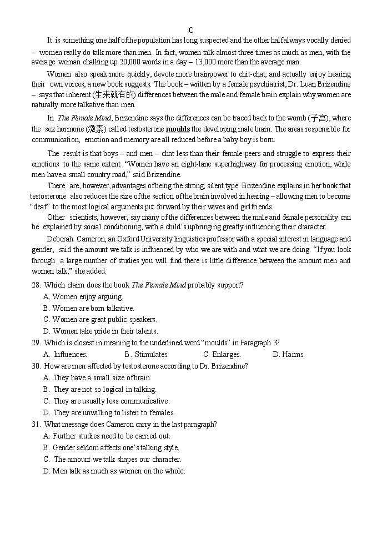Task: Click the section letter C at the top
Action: click(190, 30)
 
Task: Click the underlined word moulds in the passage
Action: click(178, 129)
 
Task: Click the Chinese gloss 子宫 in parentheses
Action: click(318, 118)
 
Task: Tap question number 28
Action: click(36, 285)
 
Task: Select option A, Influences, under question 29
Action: click(66, 354)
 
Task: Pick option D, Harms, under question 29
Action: click(289, 354)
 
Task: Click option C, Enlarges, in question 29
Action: click(222, 354)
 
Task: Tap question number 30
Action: click(36, 366)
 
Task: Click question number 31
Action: click(36, 424)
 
